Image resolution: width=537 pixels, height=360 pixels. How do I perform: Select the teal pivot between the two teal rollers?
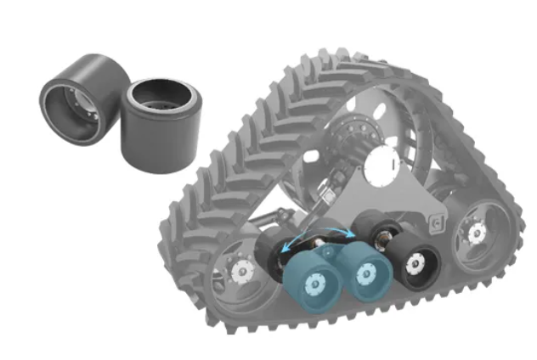pyautogui.click(x=337, y=258)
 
